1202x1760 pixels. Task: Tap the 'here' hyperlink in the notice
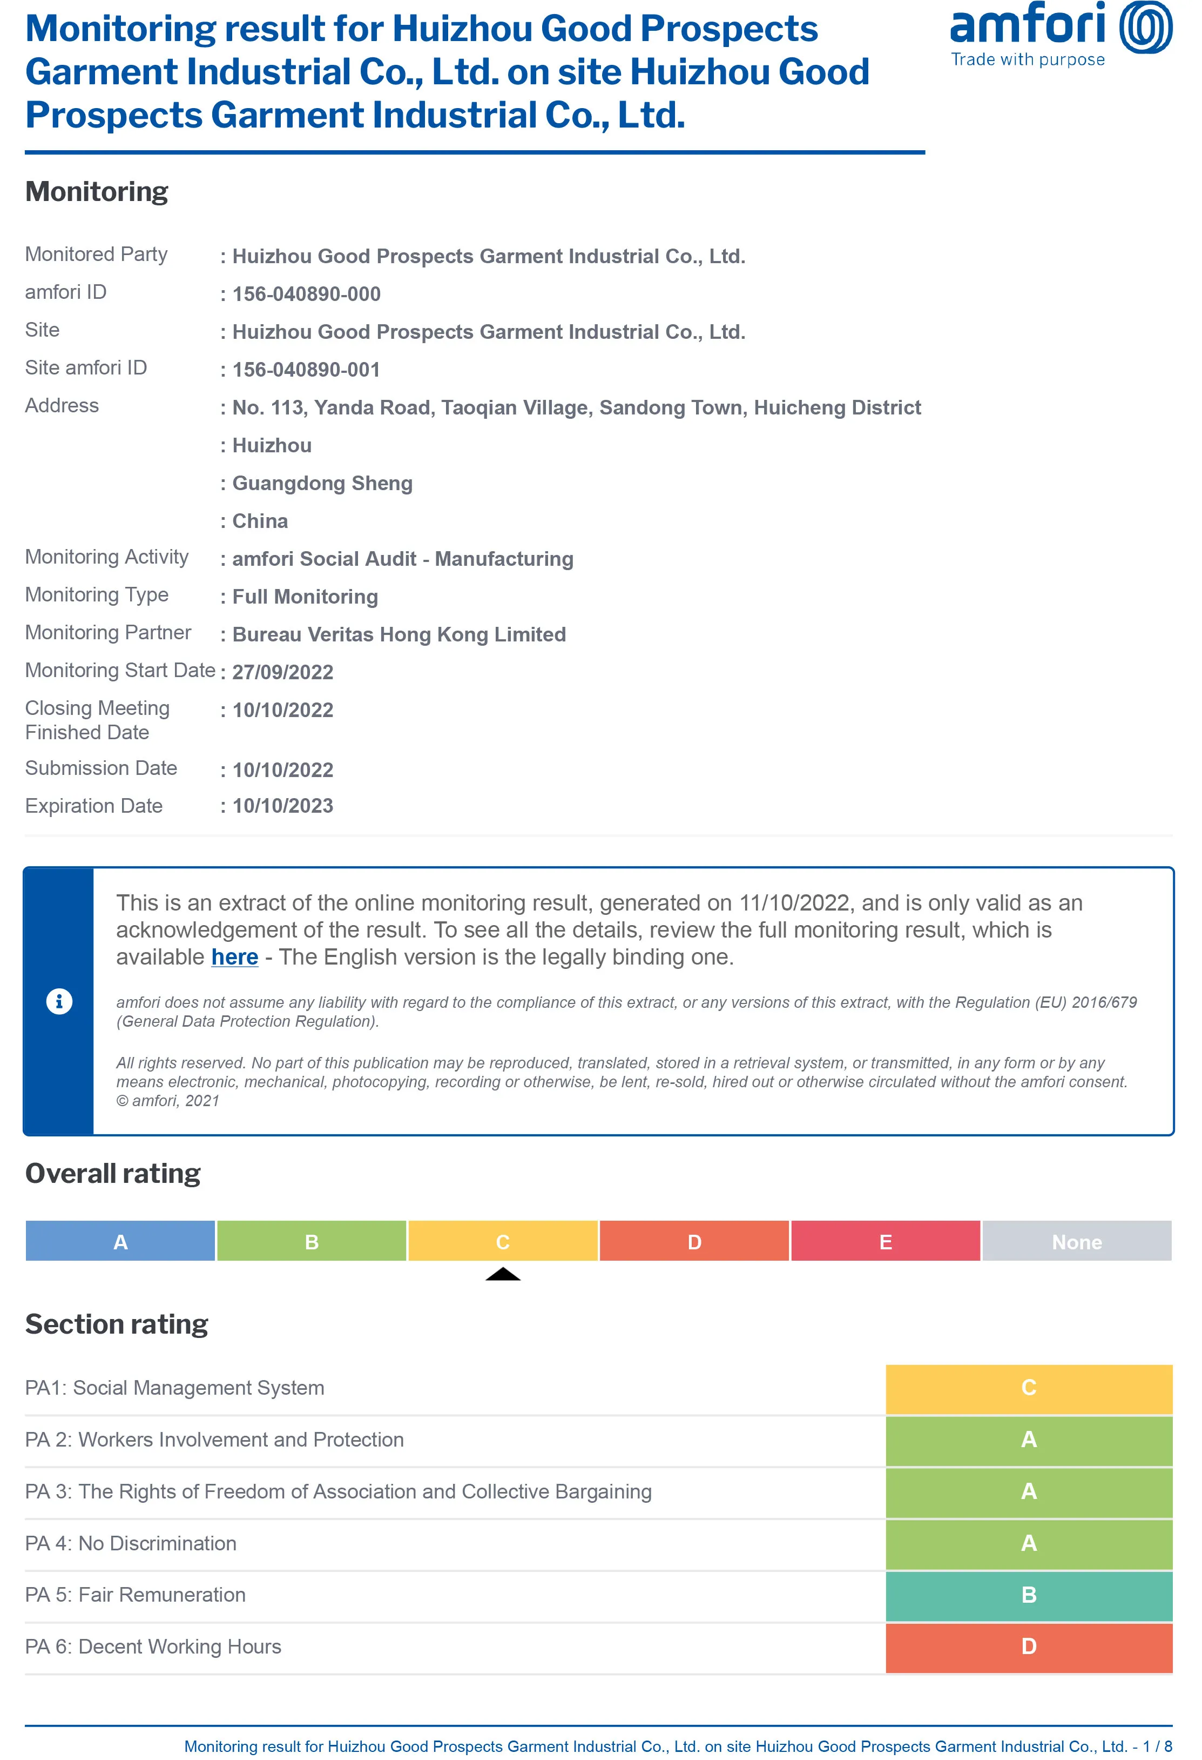point(235,957)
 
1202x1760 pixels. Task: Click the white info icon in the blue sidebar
point(59,1001)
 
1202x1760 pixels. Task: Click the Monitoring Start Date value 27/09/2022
point(282,672)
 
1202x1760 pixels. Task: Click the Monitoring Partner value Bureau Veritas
point(399,634)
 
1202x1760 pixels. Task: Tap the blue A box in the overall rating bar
point(120,1241)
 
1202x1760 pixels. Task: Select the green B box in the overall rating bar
point(311,1241)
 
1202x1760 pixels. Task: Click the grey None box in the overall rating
point(1076,1241)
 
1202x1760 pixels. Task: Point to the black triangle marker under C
point(503,1275)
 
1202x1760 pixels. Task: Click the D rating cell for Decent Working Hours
point(1029,1647)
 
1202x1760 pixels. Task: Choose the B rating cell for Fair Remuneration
point(1029,1595)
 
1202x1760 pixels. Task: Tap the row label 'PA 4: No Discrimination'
point(131,1543)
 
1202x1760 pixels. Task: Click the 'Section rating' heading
point(117,1324)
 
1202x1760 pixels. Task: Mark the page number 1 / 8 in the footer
point(1157,1746)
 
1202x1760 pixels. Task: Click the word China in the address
point(260,521)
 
